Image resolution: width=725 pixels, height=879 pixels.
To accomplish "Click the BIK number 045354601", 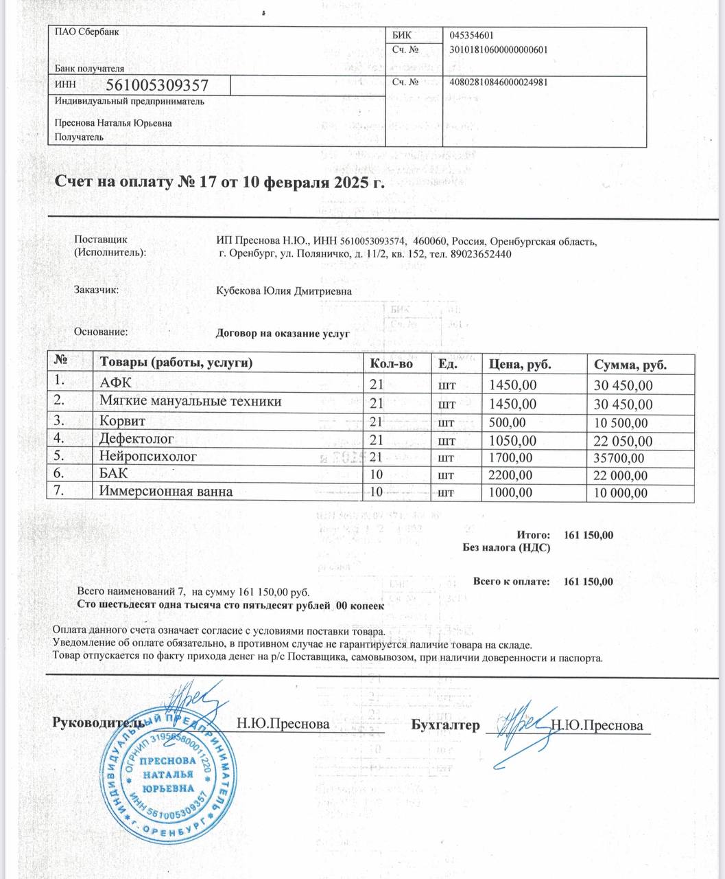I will pos(472,36).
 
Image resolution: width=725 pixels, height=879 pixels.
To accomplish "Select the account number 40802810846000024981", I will pos(498,82).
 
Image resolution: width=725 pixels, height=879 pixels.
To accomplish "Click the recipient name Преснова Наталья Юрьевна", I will pos(113,124).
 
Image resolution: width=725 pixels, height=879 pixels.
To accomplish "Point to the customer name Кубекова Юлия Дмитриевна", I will pos(284,291).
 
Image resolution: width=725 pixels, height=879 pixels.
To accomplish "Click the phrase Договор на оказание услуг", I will pos(283,334).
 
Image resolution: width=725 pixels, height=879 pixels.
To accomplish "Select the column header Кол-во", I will pos(391,364).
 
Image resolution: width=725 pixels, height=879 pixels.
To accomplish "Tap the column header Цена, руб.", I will pos(519,364).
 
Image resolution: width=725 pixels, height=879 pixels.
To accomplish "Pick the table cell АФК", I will pos(115,383).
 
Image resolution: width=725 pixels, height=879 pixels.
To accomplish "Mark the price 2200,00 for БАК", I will pos(509,475).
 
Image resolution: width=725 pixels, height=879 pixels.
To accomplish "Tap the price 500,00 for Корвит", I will pos(506,422).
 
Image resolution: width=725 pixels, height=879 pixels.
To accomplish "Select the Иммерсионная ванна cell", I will pos(166,492).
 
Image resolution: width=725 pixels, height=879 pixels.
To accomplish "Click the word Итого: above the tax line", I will pos(534,535).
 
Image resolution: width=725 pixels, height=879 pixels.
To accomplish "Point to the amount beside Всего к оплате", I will pos(589,582).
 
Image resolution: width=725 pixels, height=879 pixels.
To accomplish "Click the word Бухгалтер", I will pos(445,725).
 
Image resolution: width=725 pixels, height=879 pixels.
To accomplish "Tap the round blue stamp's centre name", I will pos(168,775).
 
